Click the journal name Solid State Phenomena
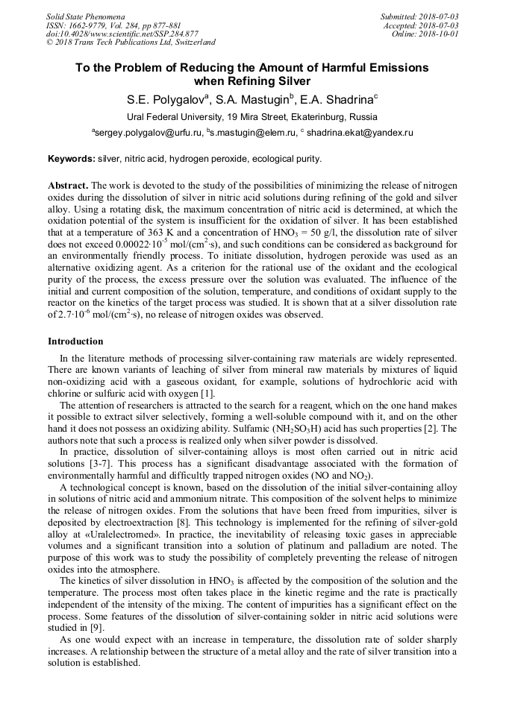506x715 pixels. click(x=85, y=16)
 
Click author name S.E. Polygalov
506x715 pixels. click(x=165, y=98)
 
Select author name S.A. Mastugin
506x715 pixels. click(x=253, y=98)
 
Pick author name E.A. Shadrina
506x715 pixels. click(x=337, y=98)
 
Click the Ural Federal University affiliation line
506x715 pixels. click(x=252, y=117)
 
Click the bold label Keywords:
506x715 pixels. click(x=72, y=159)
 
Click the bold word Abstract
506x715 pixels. click(x=69, y=184)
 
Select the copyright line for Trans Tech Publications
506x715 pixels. click(x=130, y=42)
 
